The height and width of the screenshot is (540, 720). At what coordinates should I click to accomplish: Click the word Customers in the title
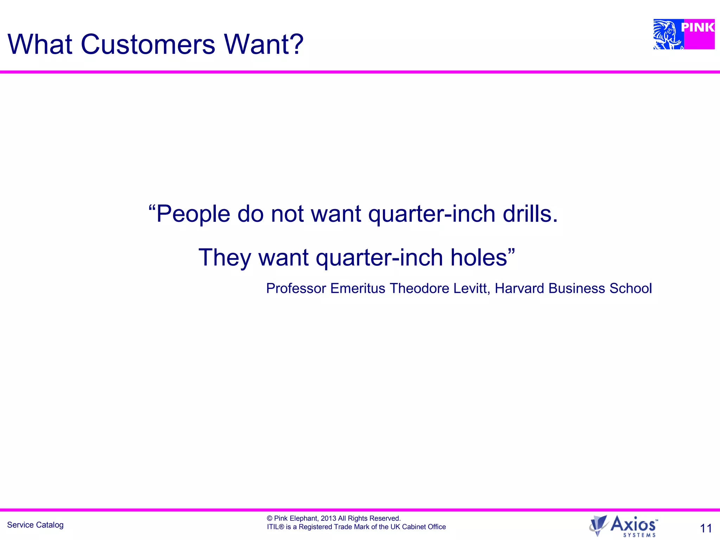coord(148,44)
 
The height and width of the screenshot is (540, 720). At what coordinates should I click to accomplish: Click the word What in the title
coord(40,44)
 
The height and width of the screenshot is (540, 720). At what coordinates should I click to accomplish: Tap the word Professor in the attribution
coord(296,288)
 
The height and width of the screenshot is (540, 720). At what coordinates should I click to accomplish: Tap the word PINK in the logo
coord(697,27)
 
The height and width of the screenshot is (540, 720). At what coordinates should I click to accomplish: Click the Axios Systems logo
coord(624,526)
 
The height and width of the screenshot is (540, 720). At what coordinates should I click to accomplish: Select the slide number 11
coord(706,528)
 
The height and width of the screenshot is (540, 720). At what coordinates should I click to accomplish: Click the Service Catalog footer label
coord(35,525)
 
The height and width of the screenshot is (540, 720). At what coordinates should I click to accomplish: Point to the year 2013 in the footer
coord(328,518)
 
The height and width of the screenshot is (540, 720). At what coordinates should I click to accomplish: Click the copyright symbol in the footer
coord(270,518)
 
